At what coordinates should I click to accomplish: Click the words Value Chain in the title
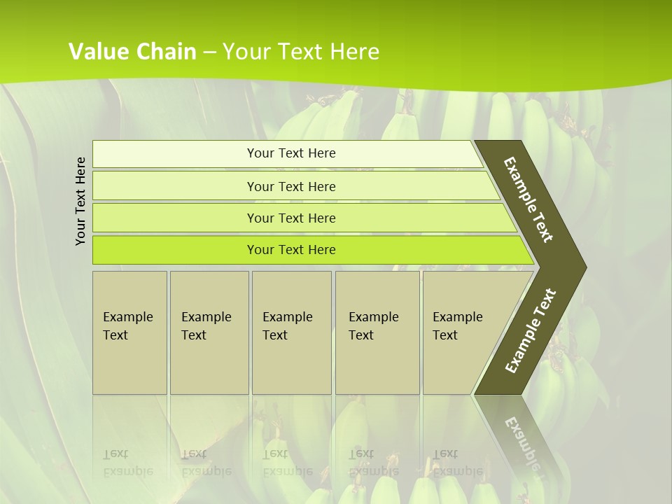click(132, 52)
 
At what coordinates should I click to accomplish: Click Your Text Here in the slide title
click(301, 52)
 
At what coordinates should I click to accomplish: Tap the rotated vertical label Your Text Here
click(80, 201)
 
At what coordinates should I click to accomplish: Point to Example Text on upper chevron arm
click(528, 199)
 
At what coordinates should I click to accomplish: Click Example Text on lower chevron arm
click(531, 331)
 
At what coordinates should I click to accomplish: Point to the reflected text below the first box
click(127, 462)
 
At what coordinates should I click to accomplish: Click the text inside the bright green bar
click(291, 250)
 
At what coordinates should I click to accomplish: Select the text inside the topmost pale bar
click(291, 153)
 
